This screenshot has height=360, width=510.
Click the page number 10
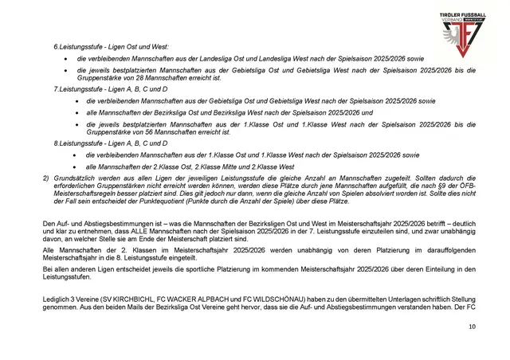point(473,327)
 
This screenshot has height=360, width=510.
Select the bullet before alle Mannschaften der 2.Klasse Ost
point(65,166)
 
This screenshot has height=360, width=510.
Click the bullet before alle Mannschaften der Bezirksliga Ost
point(65,113)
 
